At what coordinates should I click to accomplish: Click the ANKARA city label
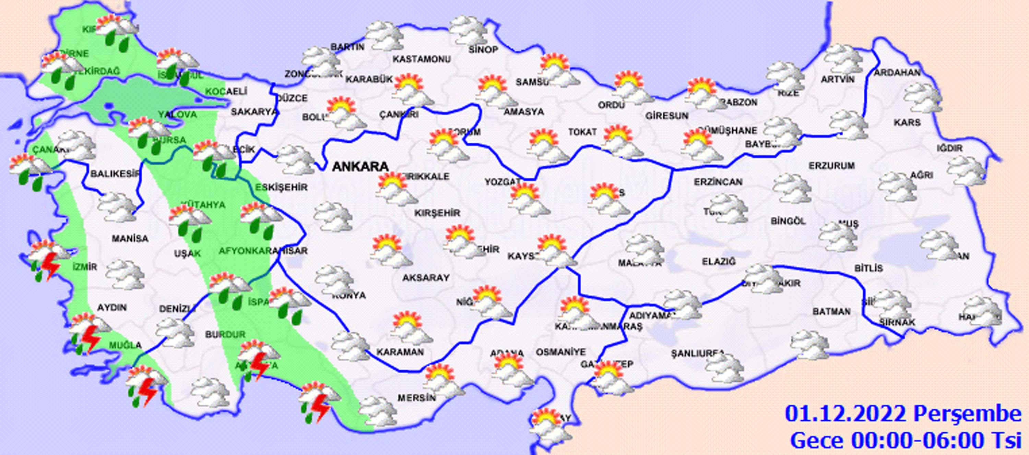point(360,167)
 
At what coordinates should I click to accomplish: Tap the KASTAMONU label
point(422,59)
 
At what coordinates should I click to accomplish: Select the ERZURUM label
point(832,165)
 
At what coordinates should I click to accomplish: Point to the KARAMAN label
point(400,352)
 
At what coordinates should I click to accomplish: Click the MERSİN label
point(416,398)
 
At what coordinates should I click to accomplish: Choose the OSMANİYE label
point(560,352)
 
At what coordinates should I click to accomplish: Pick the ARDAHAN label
point(897,73)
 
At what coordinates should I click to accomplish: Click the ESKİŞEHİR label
point(281,187)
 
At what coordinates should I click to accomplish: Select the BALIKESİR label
point(115,174)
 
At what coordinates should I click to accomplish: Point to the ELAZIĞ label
point(719,262)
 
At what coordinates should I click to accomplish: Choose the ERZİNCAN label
point(718,182)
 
